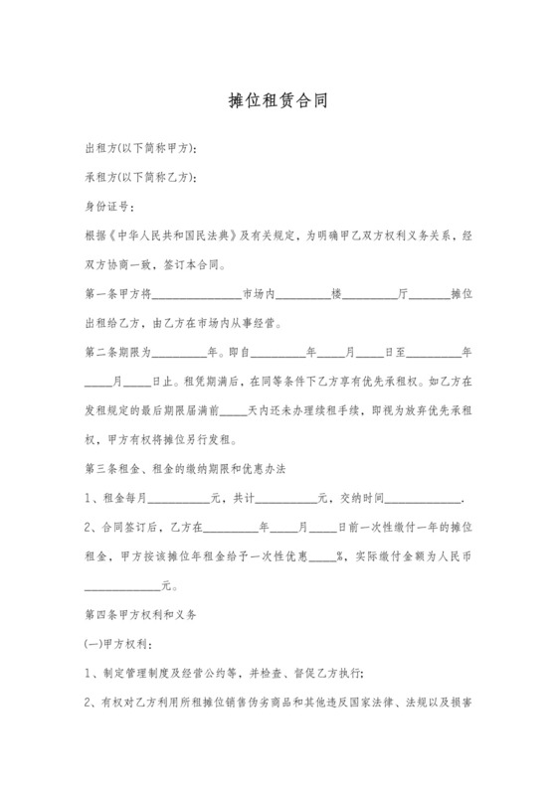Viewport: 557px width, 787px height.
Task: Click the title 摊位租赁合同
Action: tap(278, 100)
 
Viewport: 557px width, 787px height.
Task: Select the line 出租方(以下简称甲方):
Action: tap(140, 148)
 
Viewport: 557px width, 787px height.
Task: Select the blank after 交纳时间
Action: tap(429, 498)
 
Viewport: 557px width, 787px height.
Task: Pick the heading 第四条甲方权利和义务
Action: tap(141, 615)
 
